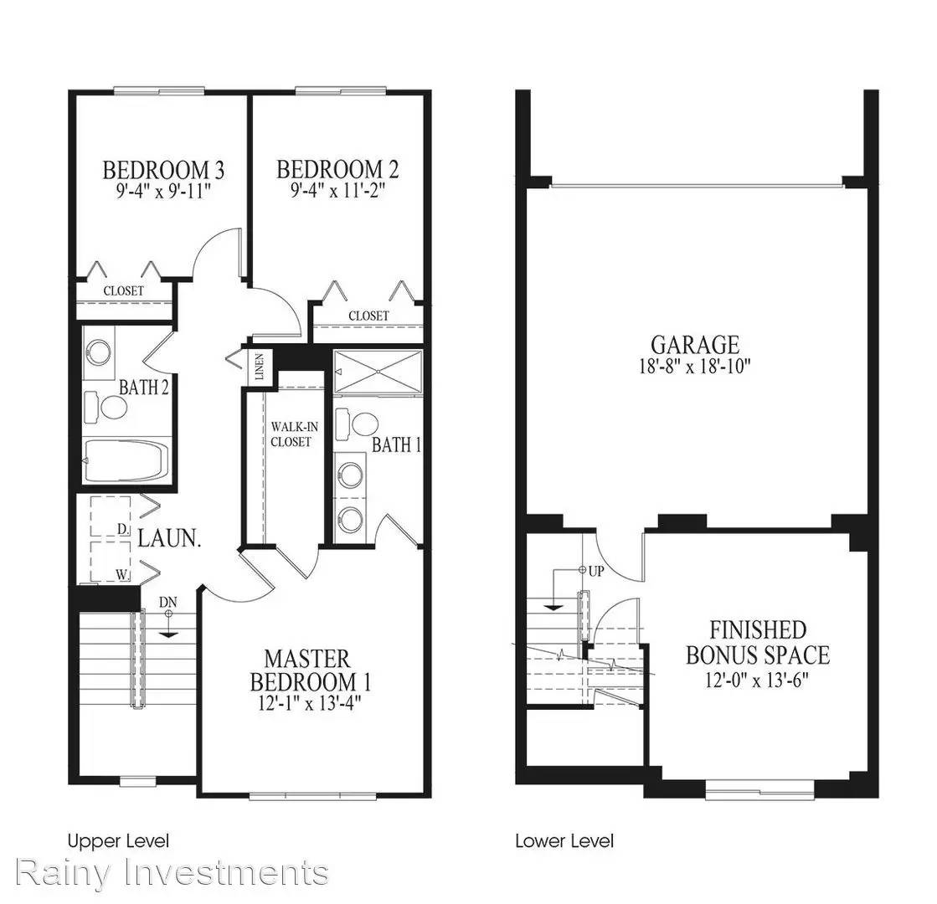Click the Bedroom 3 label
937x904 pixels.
pos(163,170)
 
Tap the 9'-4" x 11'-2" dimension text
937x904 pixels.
pos(337,191)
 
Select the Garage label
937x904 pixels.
pos(695,345)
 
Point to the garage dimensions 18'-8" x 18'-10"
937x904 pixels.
pos(694,366)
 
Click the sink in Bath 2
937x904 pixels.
pos(99,352)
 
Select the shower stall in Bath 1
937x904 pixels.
pos(378,372)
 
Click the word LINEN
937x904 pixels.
pos(260,367)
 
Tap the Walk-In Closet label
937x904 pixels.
pos(293,434)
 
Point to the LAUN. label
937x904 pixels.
pos(169,538)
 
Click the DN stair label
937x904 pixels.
pos(168,603)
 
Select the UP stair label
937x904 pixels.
pos(596,571)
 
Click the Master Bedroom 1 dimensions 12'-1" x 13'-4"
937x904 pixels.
pos(309,702)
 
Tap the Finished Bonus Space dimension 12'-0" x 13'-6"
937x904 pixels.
pos(756,680)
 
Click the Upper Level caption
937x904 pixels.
pos(118,841)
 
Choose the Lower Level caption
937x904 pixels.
pos(564,841)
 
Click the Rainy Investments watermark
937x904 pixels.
pos(172,872)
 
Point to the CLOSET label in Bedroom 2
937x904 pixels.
pos(368,316)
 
